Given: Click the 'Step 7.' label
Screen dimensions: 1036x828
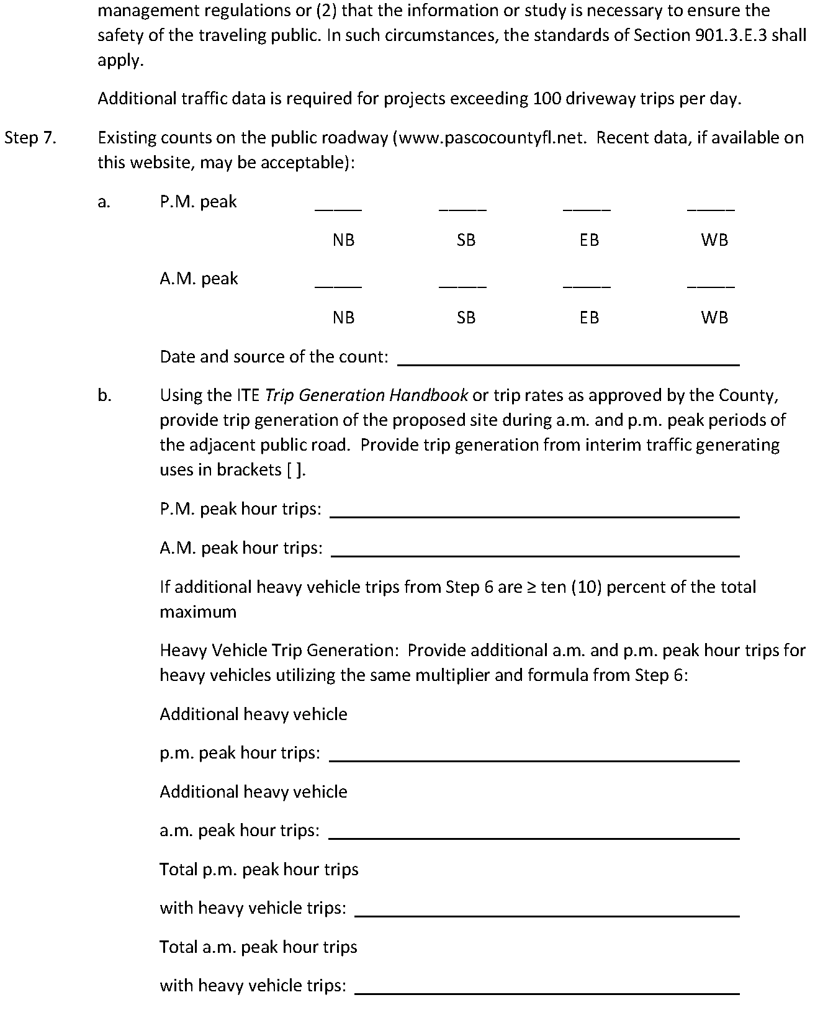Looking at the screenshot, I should pos(30,138).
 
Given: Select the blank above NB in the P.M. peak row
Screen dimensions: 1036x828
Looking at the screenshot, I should pos(338,208).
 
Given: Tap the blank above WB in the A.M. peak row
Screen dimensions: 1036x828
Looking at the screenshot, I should pos(711,286).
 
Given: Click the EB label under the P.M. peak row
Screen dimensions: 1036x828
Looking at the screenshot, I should pos(589,240).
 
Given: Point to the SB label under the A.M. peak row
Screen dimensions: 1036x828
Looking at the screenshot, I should pos(466,318).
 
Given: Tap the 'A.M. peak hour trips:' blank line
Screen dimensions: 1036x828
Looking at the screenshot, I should pos(535,554).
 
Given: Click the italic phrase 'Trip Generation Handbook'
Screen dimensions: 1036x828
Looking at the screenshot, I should pos(366,395).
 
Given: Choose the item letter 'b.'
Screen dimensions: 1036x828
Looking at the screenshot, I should pos(104,395).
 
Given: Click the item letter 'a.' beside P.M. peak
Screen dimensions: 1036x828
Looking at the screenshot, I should pos(104,202).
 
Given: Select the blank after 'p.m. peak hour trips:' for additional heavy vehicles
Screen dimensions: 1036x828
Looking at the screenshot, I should pos(534,759).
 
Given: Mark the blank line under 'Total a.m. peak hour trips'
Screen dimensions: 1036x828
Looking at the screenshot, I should pos(547,992).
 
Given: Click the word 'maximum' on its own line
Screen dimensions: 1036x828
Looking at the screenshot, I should pos(198,612).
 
